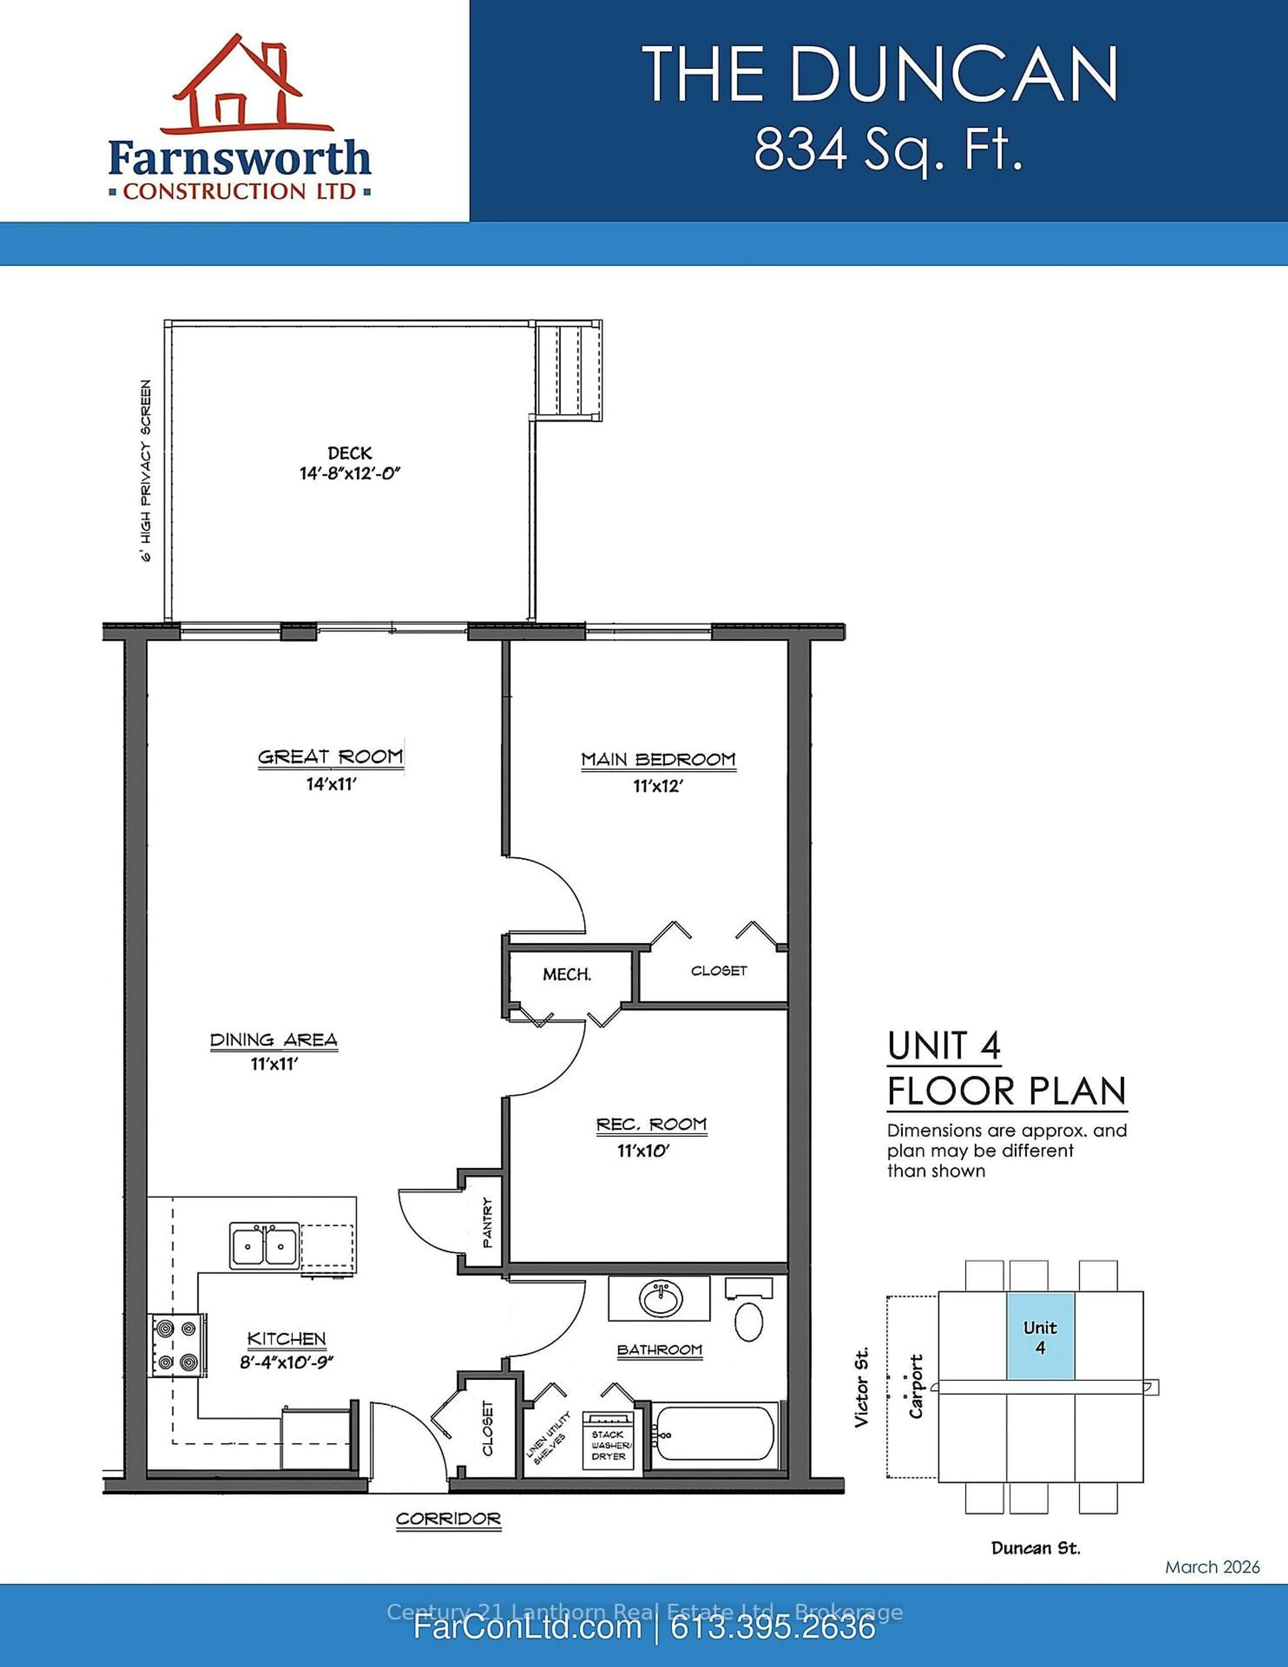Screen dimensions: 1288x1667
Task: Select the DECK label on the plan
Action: click(x=350, y=453)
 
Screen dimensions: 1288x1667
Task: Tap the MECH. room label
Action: click(x=567, y=975)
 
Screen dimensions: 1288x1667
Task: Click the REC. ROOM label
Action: click(x=652, y=1124)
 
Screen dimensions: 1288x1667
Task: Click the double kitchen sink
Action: click(x=264, y=1247)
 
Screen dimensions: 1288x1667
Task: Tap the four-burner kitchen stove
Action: click(x=176, y=1346)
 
